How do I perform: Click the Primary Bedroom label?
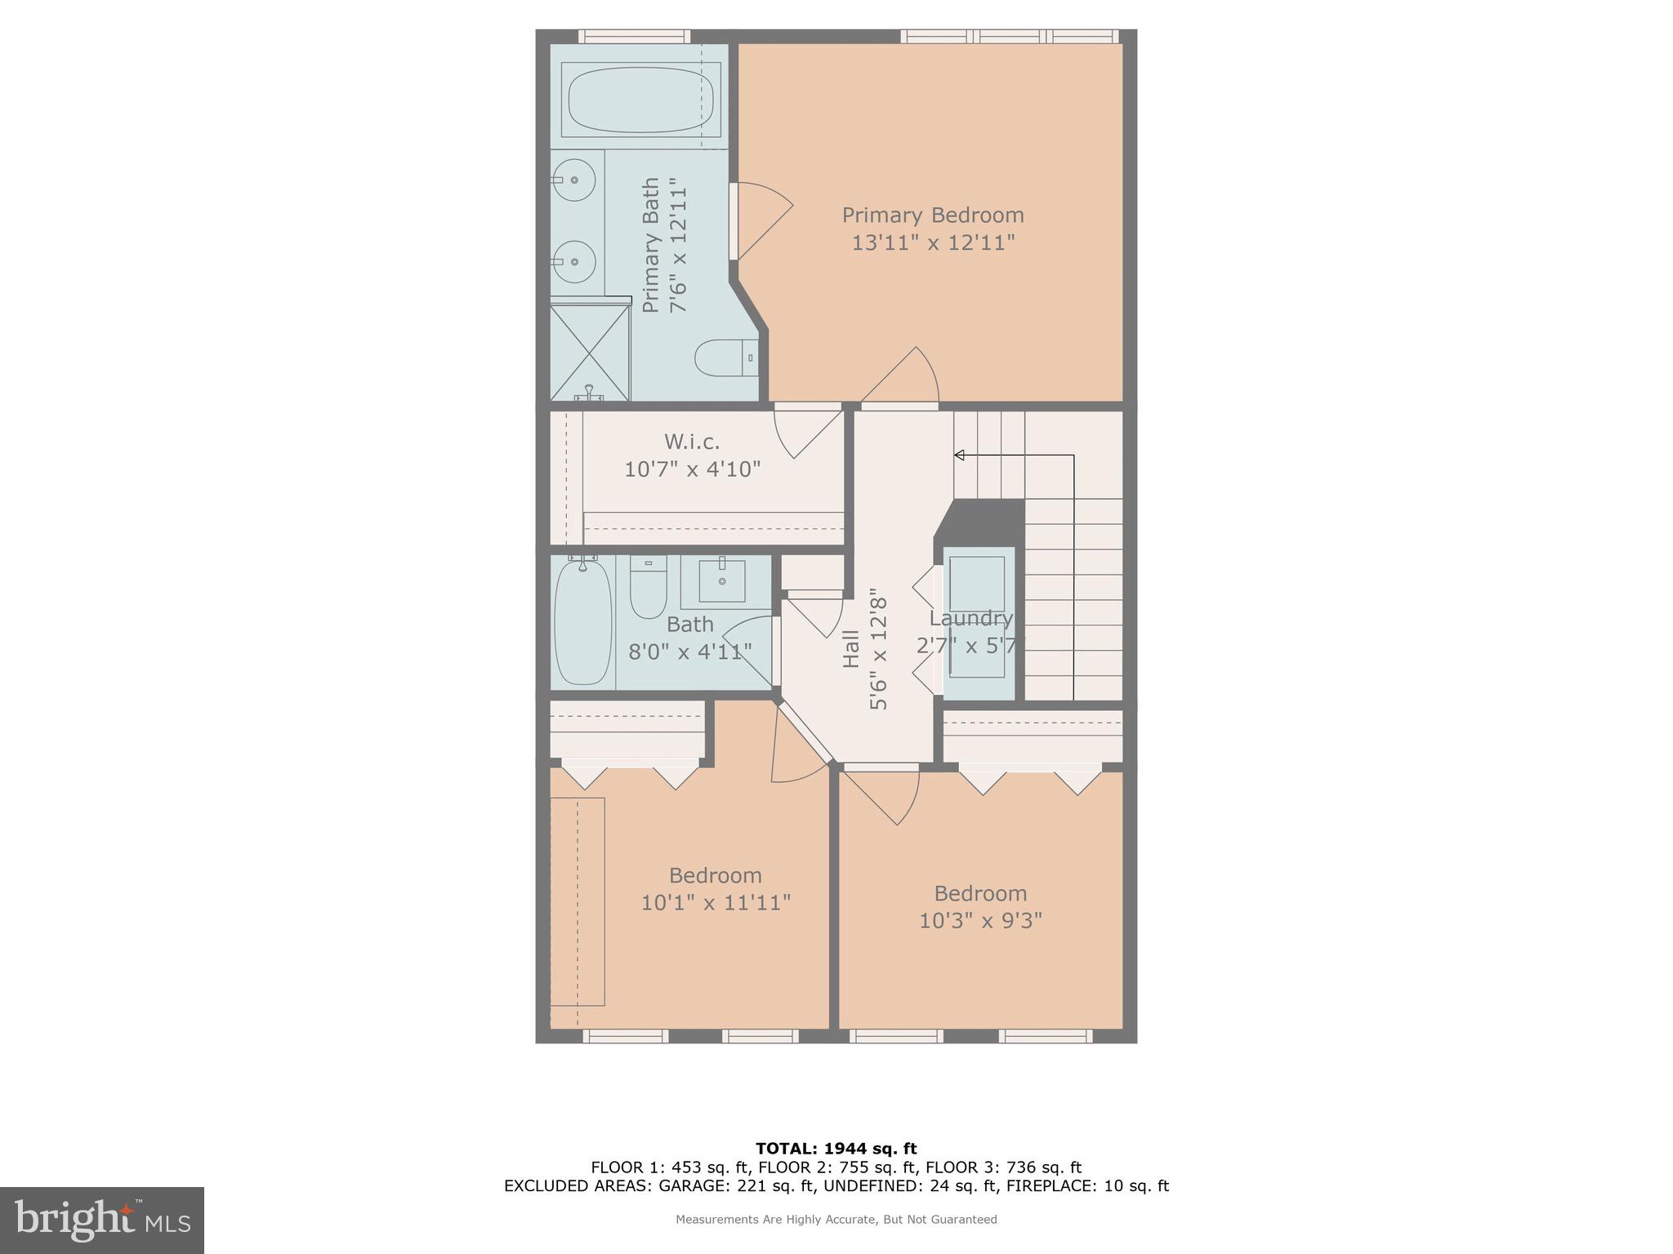(x=932, y=216)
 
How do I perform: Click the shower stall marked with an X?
(x=590, y=352)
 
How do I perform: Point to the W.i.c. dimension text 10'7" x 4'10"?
(x=692, y=469)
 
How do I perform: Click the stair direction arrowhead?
(x=959, y=455)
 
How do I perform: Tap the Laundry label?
(x=970, y=618)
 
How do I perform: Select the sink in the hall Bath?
(x=723, y=581)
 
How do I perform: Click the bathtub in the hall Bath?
(x=583, y=622)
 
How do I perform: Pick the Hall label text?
(x=851, y=649)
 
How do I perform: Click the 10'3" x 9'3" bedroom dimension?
(x=979, y=921)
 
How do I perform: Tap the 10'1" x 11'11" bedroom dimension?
(x=715, y=903)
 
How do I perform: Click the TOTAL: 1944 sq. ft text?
(x=836, y=1149)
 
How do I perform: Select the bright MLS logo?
(x=101, y=1220)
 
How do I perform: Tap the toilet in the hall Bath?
(x=649, y=589)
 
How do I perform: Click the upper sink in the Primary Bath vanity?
(x=574, y=180)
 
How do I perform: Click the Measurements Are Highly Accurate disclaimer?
(x=836, y=1220)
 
